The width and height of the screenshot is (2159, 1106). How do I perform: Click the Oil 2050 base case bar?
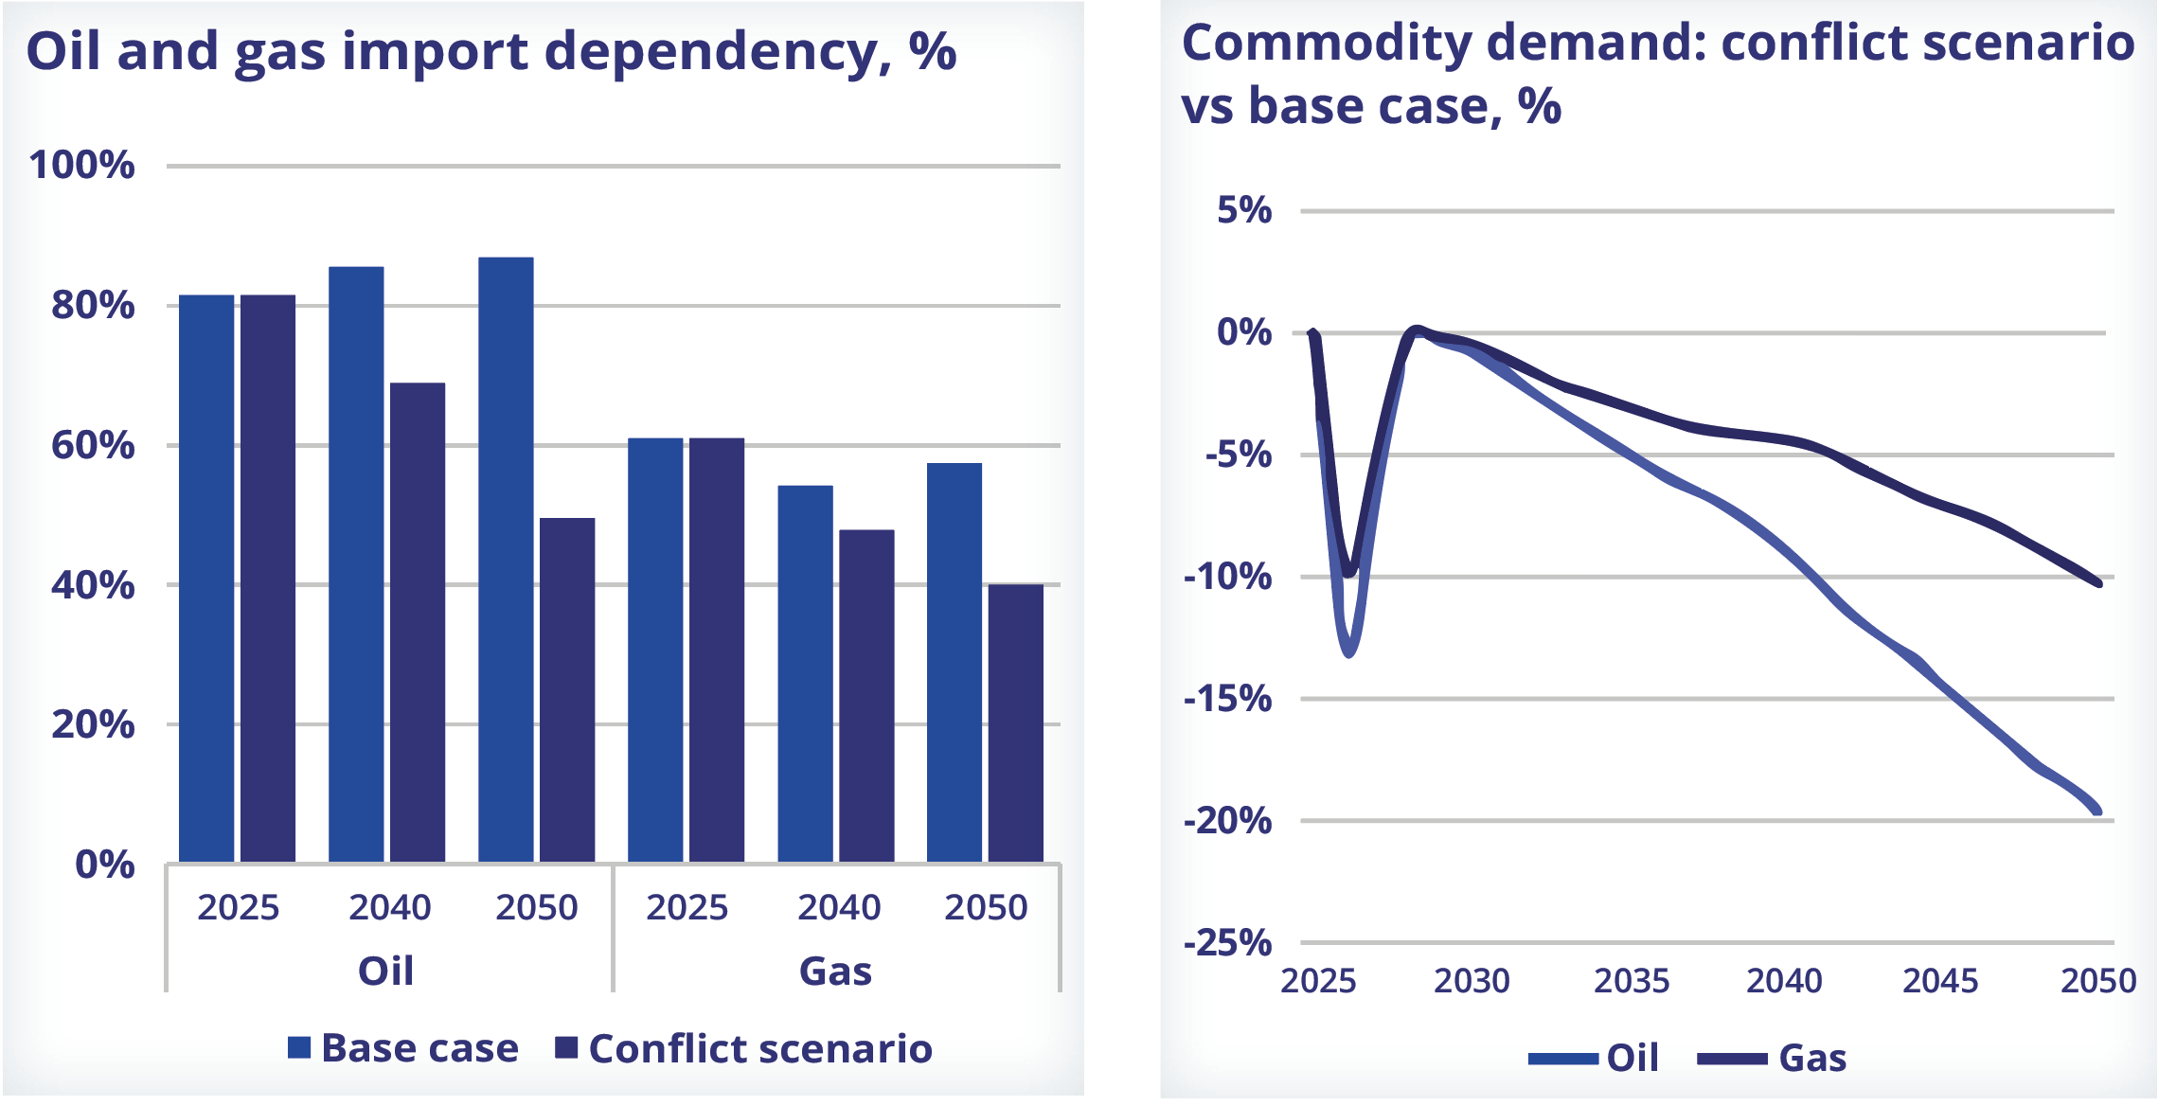pyautogui.click(x=506, y=559)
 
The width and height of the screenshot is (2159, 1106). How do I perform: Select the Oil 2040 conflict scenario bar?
pyautogui.click(x=418, y=622)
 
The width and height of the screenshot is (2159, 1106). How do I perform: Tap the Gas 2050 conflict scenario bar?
pyautogui.click(x=1015, y=722)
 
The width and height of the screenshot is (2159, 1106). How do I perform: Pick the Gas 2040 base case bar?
pyautogui.click(x=805, y=673)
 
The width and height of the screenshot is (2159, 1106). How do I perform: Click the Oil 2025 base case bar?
pyautogui.click(x=206, y=578)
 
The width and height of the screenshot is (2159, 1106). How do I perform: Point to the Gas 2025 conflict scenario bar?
pyautogui.click(x=717, y=650)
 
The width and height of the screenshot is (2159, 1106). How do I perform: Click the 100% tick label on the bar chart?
pyautogui.click(x=82, y=166)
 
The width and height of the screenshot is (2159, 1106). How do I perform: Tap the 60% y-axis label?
pyautogui.click(x=93, y=445)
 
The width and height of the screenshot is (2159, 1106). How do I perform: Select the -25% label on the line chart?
pyautogui.click(x=1227, y=943)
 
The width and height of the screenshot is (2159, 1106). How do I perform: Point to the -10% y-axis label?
pyautogui.click(x=1227, y=577)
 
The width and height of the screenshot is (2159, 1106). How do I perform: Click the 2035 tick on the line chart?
pyautogui.click(x=1632, y=981)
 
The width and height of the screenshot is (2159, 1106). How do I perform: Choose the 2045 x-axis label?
pyautogui.click(x=1940, y=981)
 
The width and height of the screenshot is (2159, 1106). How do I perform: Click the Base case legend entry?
pyautogui.click(x=405, y=1049)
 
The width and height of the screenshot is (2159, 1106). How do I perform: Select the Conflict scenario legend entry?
pyautogui.click(x=744, y=1049)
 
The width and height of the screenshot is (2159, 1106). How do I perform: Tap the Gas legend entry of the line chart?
pyautogui.click(x=1773, y=1059)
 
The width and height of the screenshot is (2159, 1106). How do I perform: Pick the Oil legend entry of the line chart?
pyautogui.click(x=1595, y=1059)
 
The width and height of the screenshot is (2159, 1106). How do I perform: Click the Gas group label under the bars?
pyautogui.click(x=835, y=972)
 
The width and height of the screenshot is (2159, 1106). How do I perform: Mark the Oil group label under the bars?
pyautogui.click(x=385, y=972)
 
